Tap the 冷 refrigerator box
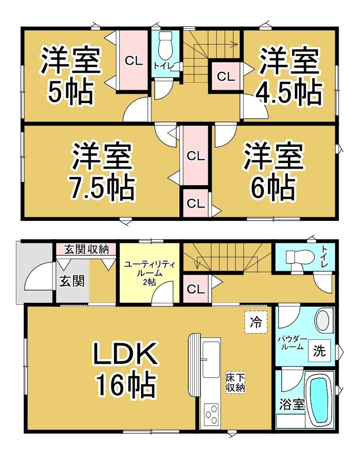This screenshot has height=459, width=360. click(x=256, y=322)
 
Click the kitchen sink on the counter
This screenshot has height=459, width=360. click(x=211, y=360)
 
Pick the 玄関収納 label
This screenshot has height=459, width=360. click(x=86, y=250)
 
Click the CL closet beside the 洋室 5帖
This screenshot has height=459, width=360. click(x=133, y=61)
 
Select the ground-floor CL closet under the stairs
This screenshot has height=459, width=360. click(x=196, y=289)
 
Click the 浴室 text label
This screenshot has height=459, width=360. click(x=291, y=404)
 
